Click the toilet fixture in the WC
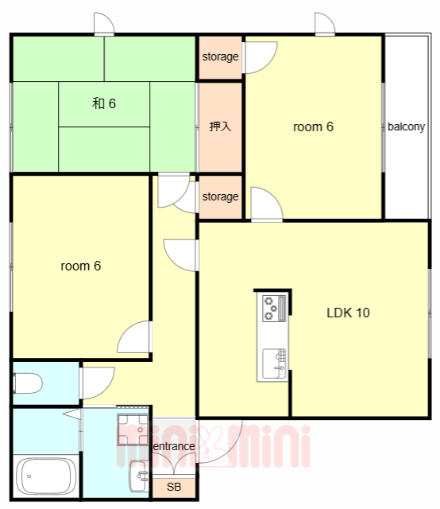point(28,383)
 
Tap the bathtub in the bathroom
point(46,476)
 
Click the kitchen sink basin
point(274,363)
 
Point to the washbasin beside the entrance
point(138,476)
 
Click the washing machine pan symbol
point(133,429)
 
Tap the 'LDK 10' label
point(348,313)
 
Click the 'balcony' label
point(407,126)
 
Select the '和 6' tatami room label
point(104,103)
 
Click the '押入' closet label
point(220,126)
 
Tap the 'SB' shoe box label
point(174,487)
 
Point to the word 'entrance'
point(174,446)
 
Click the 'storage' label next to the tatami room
point(220,56)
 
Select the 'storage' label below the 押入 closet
point(220,196)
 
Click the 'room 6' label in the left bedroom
point(81,266)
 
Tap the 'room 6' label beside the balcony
point(313,126)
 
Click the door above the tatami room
point(104,24)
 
